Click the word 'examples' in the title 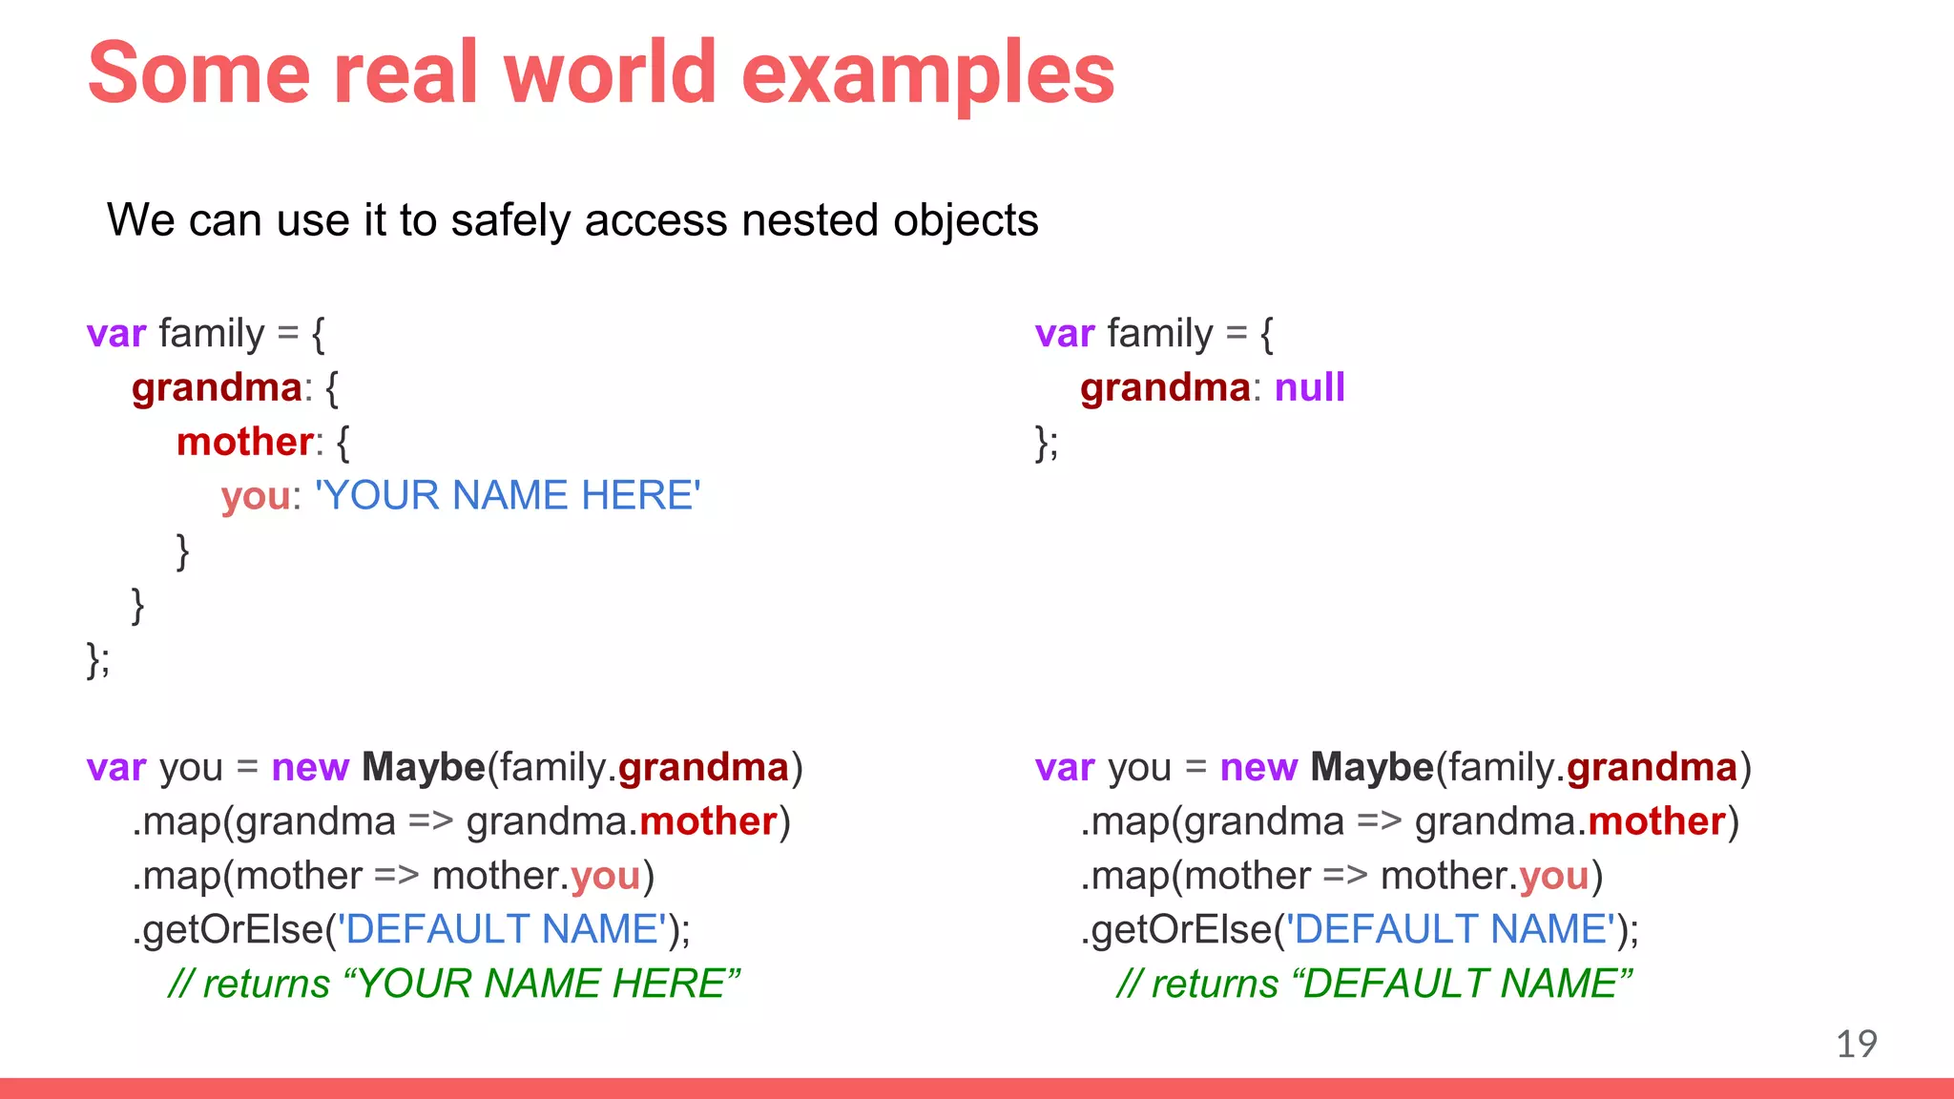[x=927, y=74]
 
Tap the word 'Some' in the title [x=198, y=74]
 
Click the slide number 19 [x=1856, y=1044]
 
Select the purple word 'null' [x=1309, y=387]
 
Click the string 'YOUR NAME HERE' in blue [x=508, y=496]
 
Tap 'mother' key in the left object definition [x=244, y=442]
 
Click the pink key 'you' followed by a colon [x=255, y=496]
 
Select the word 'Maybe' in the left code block [x=424, y=767]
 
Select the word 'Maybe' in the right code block [x=1372, y=767]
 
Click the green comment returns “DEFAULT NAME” [x=1374, y=984]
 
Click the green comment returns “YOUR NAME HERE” [x=454, y=984]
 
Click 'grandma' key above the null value [x=1164, y=387]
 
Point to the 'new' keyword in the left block [x=310, y=767]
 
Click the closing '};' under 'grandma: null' [x=1047, y=443]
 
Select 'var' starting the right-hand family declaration [x=1065, y=334]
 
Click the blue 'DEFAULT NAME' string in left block [x=504, y=929]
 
